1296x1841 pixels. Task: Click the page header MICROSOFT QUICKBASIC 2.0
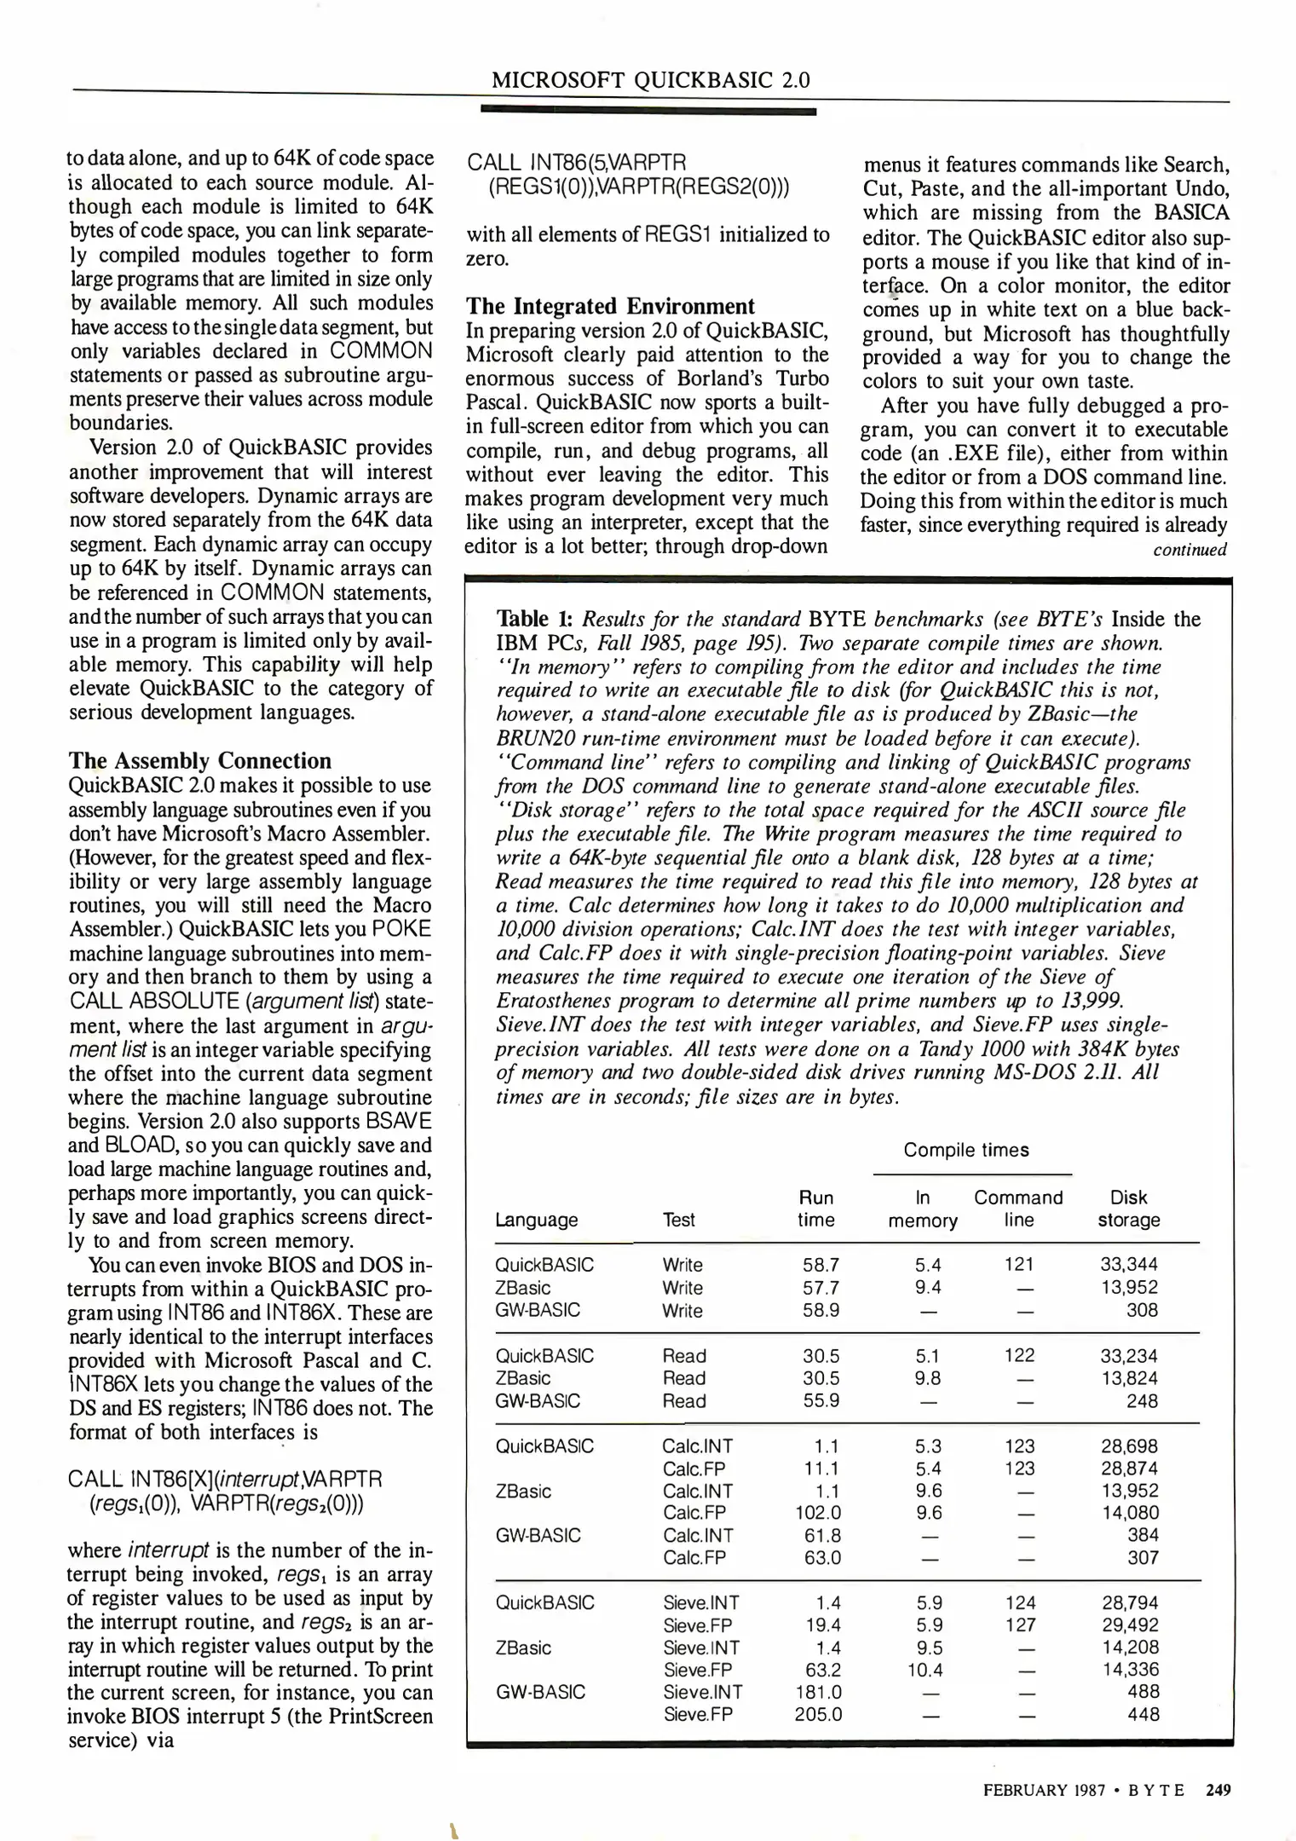[x=650, y=81]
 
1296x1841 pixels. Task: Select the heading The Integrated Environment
[x=610, y=307]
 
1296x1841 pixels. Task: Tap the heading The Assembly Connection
[x=199, y=761]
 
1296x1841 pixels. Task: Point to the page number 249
[x=1218, y=1791]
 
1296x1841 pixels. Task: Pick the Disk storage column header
[x=1129, y=1209]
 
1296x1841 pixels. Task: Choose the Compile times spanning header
[x=966, y=1150]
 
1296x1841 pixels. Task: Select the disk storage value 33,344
[x=1129, y=1265]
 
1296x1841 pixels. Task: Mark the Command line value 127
[x=1020, y=1625]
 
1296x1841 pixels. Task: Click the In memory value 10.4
[x=924, y=1670]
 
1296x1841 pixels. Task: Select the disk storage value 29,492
[x=1129, y=1625]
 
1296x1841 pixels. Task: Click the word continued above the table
[x=1189, y=550]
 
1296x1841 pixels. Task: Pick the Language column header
[x=537, y=1220]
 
